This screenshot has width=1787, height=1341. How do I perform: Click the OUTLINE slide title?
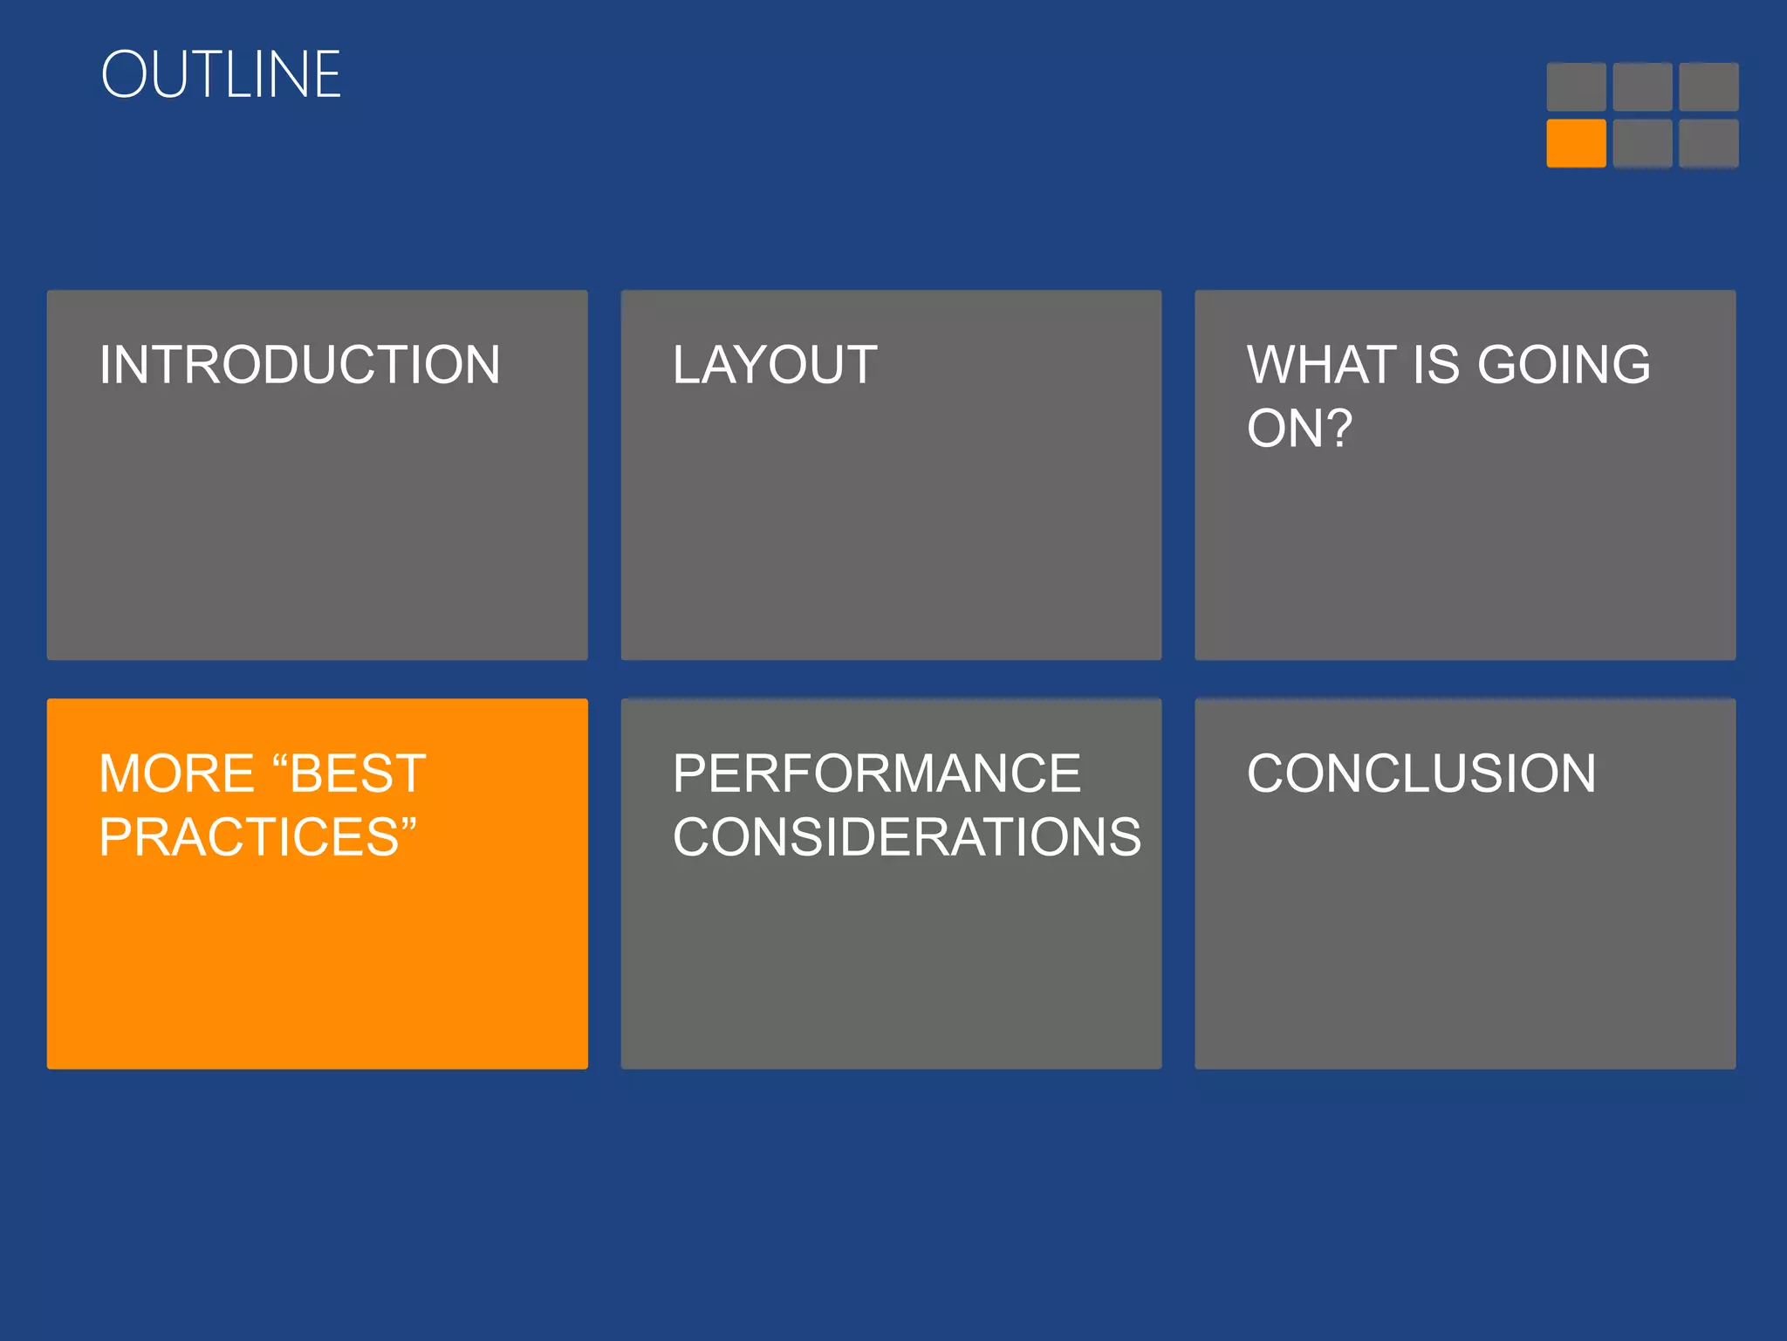(x=221, y=75)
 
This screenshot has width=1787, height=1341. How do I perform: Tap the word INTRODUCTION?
(x=299, y=365)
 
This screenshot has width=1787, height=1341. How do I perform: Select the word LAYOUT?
(x=775, y=365)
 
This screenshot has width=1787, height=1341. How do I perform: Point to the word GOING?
(x=1564, y=365)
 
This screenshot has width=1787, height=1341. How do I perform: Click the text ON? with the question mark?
(x=1299, y=429)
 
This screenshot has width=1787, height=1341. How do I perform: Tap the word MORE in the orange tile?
(x=176, y=774)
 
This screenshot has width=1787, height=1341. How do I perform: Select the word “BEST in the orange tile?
(x=349, y=774)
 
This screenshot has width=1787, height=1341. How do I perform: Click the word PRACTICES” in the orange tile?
(x=257, y=837)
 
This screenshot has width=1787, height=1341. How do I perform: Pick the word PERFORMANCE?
(x=877, y=774)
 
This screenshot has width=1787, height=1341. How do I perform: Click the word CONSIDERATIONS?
(x=907, y=837)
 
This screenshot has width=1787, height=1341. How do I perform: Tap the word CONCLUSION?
(x=1421, y=774)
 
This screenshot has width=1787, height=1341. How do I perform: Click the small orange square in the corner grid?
(x=1576, y=143)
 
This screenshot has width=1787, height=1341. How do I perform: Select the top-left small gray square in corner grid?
(x=1576, y=86)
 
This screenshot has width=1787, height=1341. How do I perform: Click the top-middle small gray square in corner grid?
(x=1642, y=86)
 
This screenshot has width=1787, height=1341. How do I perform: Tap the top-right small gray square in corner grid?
(x=1708, y=86)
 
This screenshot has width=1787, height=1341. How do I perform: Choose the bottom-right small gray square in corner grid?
(x=1708, y=143)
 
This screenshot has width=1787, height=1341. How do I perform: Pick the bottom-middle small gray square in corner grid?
(x=1642, y=143)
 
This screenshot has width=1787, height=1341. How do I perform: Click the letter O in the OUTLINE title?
(x=127, y=75)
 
